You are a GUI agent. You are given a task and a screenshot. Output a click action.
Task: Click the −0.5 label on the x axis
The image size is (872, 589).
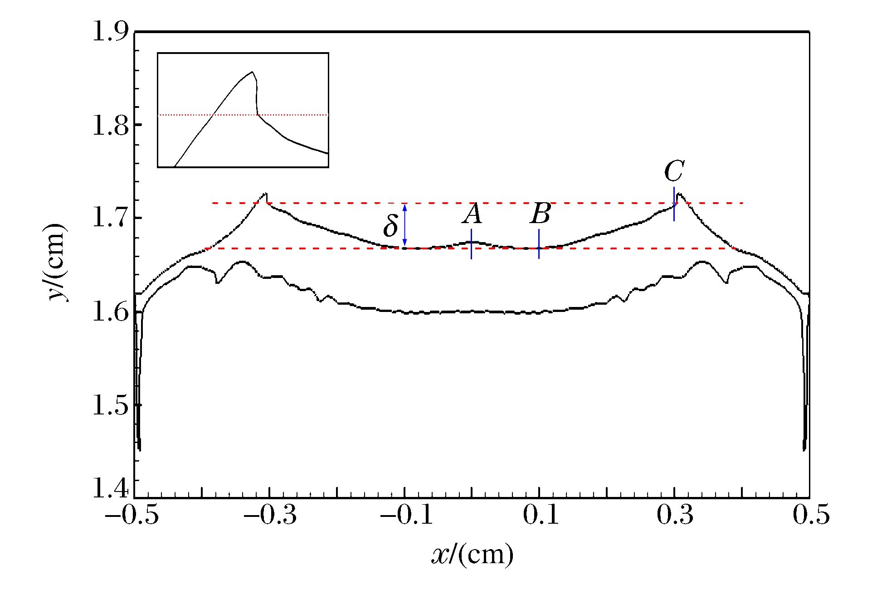click(x=132, y=516)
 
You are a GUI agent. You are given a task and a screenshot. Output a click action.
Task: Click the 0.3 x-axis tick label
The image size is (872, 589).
click(x=675, y=516)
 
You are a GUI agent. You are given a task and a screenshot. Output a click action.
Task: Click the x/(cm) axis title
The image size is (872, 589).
click(x=472, y=554)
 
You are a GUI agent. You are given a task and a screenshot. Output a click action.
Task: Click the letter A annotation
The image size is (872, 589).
click(x=472, y=214)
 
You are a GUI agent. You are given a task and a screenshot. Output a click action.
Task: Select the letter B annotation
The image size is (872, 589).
click(x=541, y=214)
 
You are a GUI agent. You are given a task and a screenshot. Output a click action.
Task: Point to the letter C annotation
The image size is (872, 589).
click(x=674, y=171)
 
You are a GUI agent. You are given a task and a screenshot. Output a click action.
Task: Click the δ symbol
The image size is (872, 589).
click(x=390, y=226)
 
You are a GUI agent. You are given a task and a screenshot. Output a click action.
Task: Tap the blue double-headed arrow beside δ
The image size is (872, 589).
click(x=405, y=225)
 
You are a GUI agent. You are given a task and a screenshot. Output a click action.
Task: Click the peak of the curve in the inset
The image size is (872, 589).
click(x=252, y=72)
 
